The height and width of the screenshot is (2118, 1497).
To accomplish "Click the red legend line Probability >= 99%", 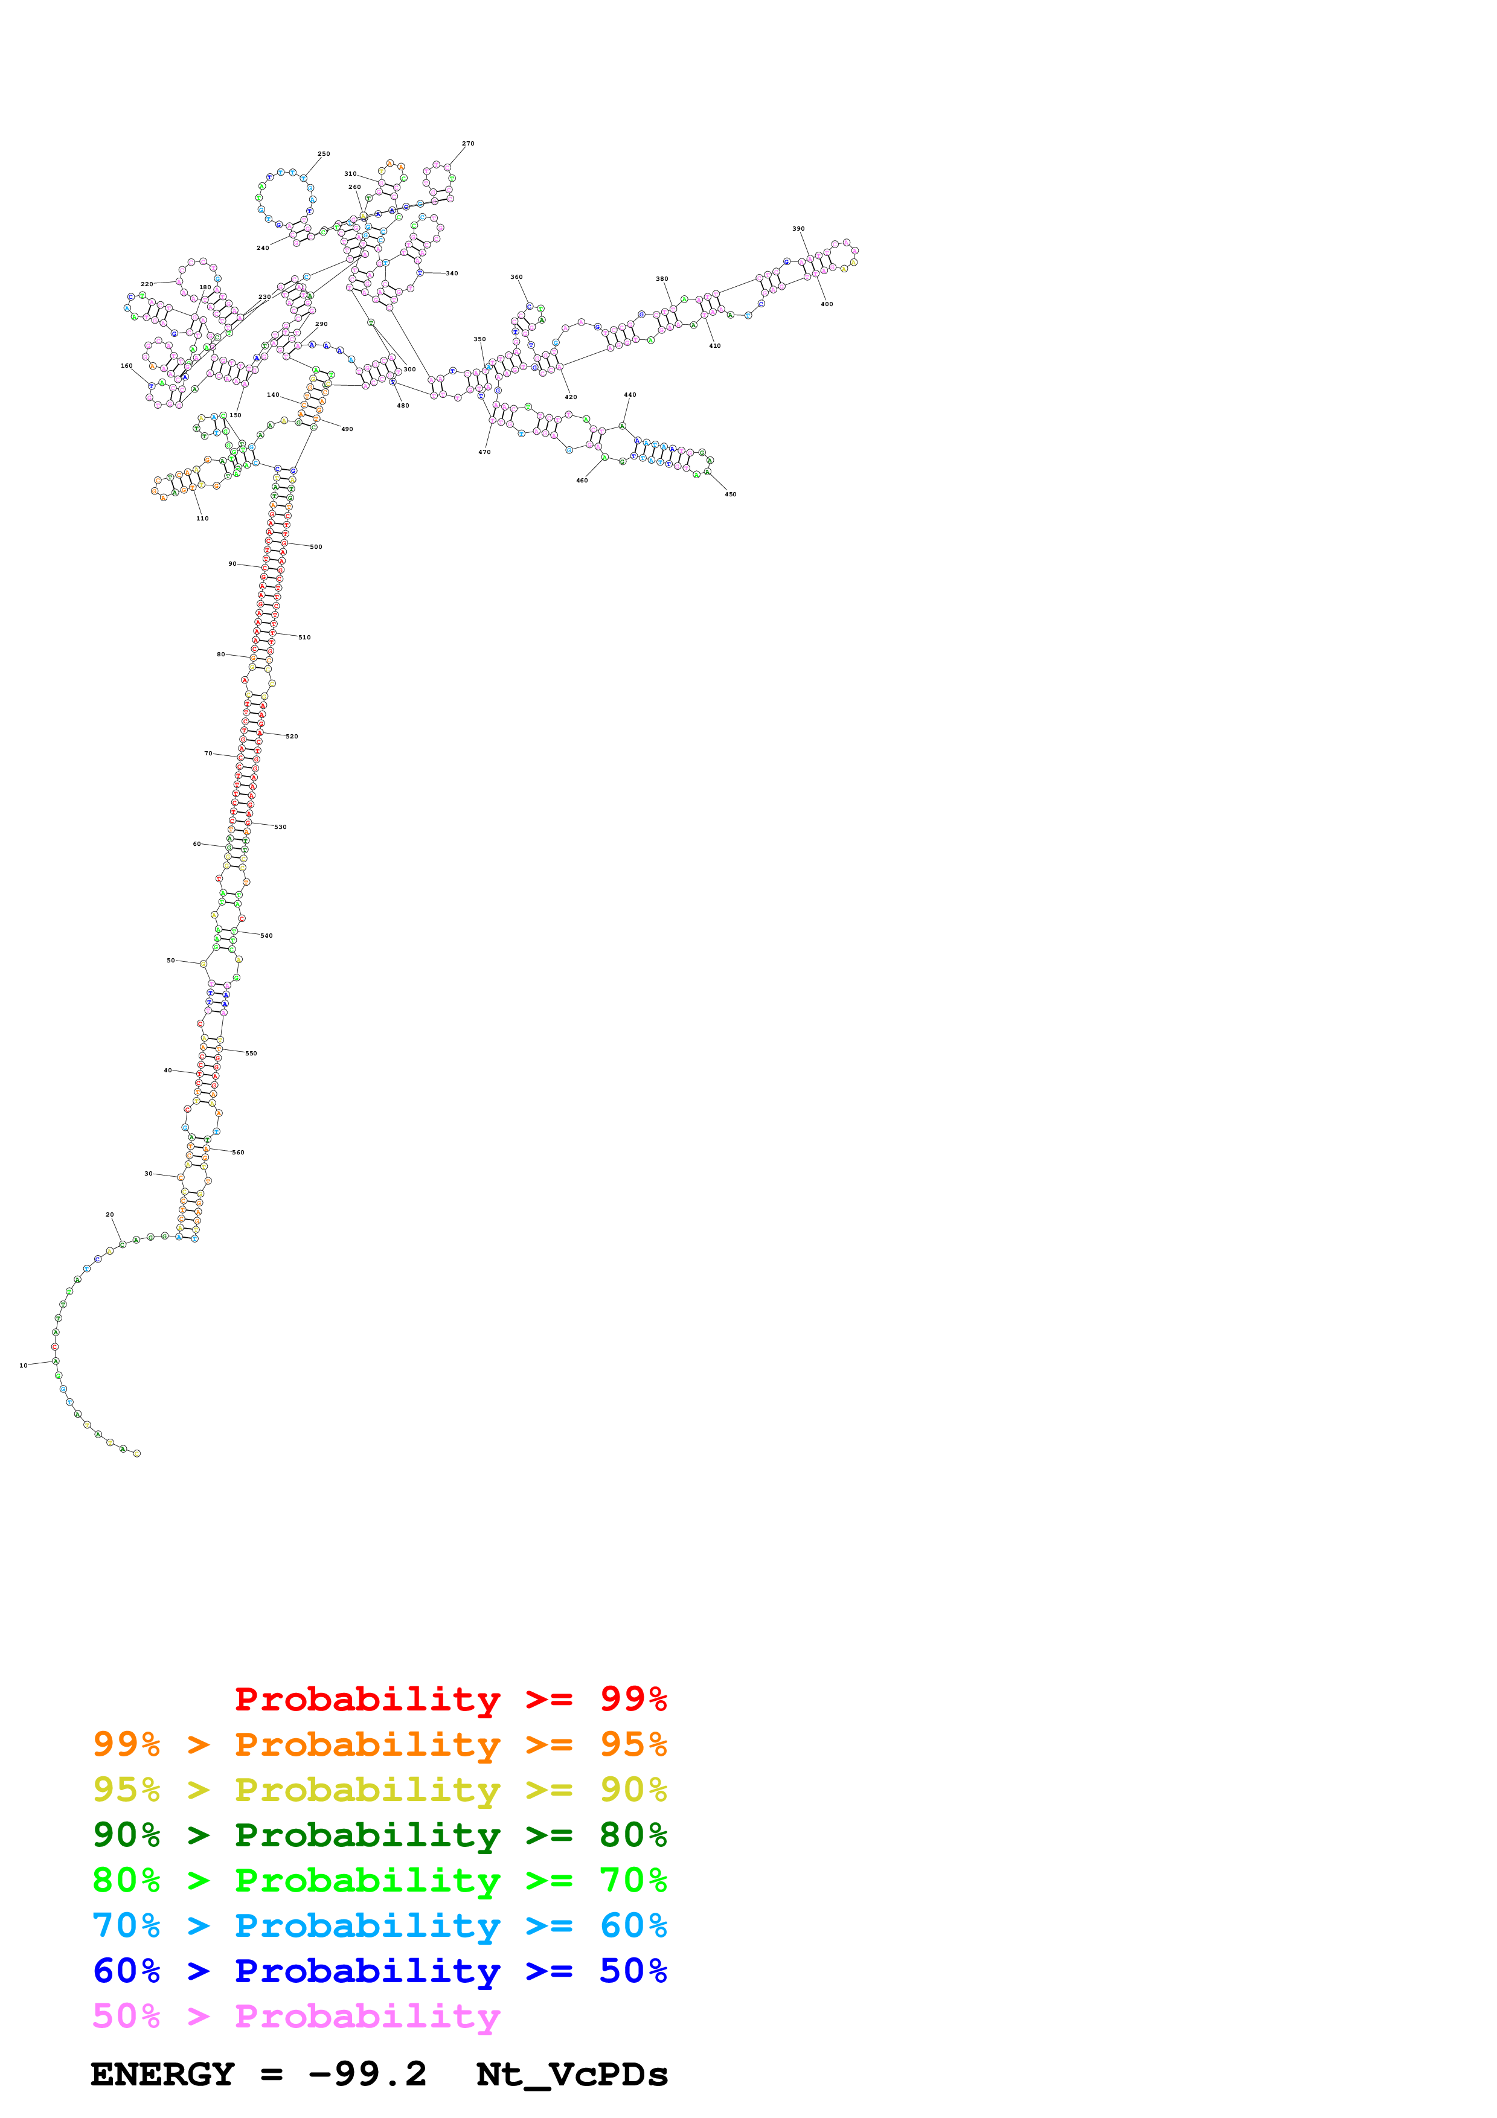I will click(450, 1699).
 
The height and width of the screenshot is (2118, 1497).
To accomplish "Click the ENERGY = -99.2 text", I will click(258, 2075).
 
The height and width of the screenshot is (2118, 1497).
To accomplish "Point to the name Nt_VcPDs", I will click(572, 2075).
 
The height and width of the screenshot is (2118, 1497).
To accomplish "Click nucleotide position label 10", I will click(23, 1365).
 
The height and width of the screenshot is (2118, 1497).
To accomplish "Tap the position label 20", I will click(110, 1215).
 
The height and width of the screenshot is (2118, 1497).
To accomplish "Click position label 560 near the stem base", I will click(238, 1152).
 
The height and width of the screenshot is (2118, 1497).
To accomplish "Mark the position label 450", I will click(731, 494).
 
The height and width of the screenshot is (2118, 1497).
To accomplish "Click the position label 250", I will click(324, 154).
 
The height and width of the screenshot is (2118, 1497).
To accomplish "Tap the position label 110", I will click(202, 519).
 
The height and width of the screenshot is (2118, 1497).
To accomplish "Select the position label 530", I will click(280, 827).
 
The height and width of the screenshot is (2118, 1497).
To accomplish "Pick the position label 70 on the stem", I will click(208, 753).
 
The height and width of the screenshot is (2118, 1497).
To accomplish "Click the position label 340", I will click(452, 273).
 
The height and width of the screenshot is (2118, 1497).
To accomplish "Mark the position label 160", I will click(126, 366).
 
